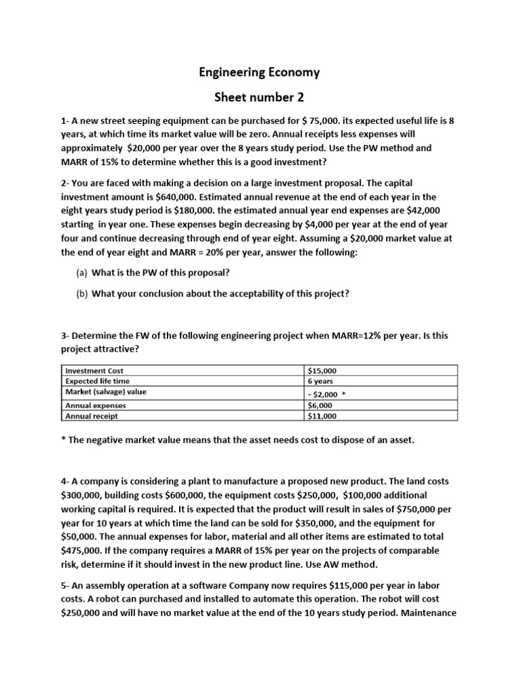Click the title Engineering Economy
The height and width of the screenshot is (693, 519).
(x=259, y=72)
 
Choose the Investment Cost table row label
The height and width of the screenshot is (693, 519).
(x=94, y=371)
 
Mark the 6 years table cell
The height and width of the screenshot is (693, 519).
(x=320, y=382)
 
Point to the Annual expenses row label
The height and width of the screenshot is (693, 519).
(x=95, y=405)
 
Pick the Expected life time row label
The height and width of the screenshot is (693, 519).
(x=97, y=382)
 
